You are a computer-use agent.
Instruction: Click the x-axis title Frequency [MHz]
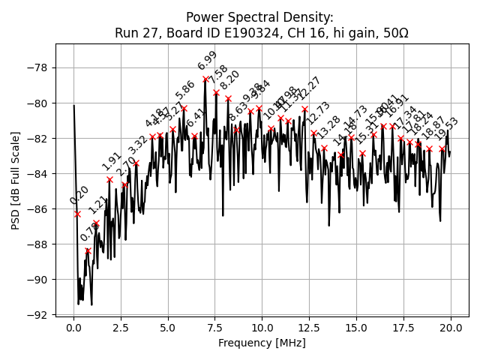click(x=262, y=343)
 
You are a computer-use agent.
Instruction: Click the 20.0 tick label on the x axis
click(x=451, y=328)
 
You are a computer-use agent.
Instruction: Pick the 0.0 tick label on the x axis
click(x=73, y=328)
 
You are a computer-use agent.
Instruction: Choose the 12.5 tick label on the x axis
click(x=309, y=328)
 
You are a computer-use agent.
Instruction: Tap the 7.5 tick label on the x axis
click(x=215, y=328)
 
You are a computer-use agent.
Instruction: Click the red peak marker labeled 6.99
click(x=205, y=79)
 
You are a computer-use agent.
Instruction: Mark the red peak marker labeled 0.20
click(x=77, y=214)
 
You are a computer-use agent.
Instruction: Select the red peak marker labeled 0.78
click(x=88, y=251)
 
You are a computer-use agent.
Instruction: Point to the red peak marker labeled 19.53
click(x=442, y=148)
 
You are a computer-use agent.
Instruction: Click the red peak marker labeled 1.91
click(x=109, y=179)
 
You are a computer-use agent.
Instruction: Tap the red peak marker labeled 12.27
click(x=304, y=109)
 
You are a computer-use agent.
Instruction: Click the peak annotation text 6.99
click(x=208, y=61)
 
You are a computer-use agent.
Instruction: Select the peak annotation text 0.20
click(x=79, y=195)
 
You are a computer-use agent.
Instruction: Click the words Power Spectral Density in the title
click(x=259, y=17)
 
